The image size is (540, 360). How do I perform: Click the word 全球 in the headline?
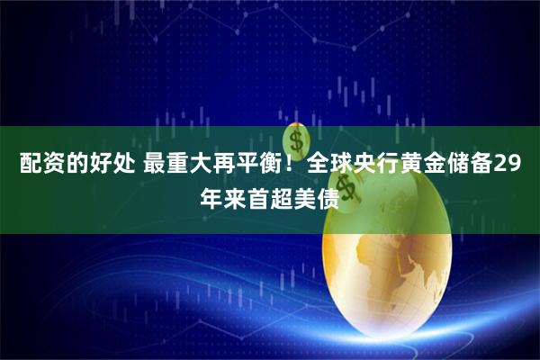[x=328, y=166]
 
